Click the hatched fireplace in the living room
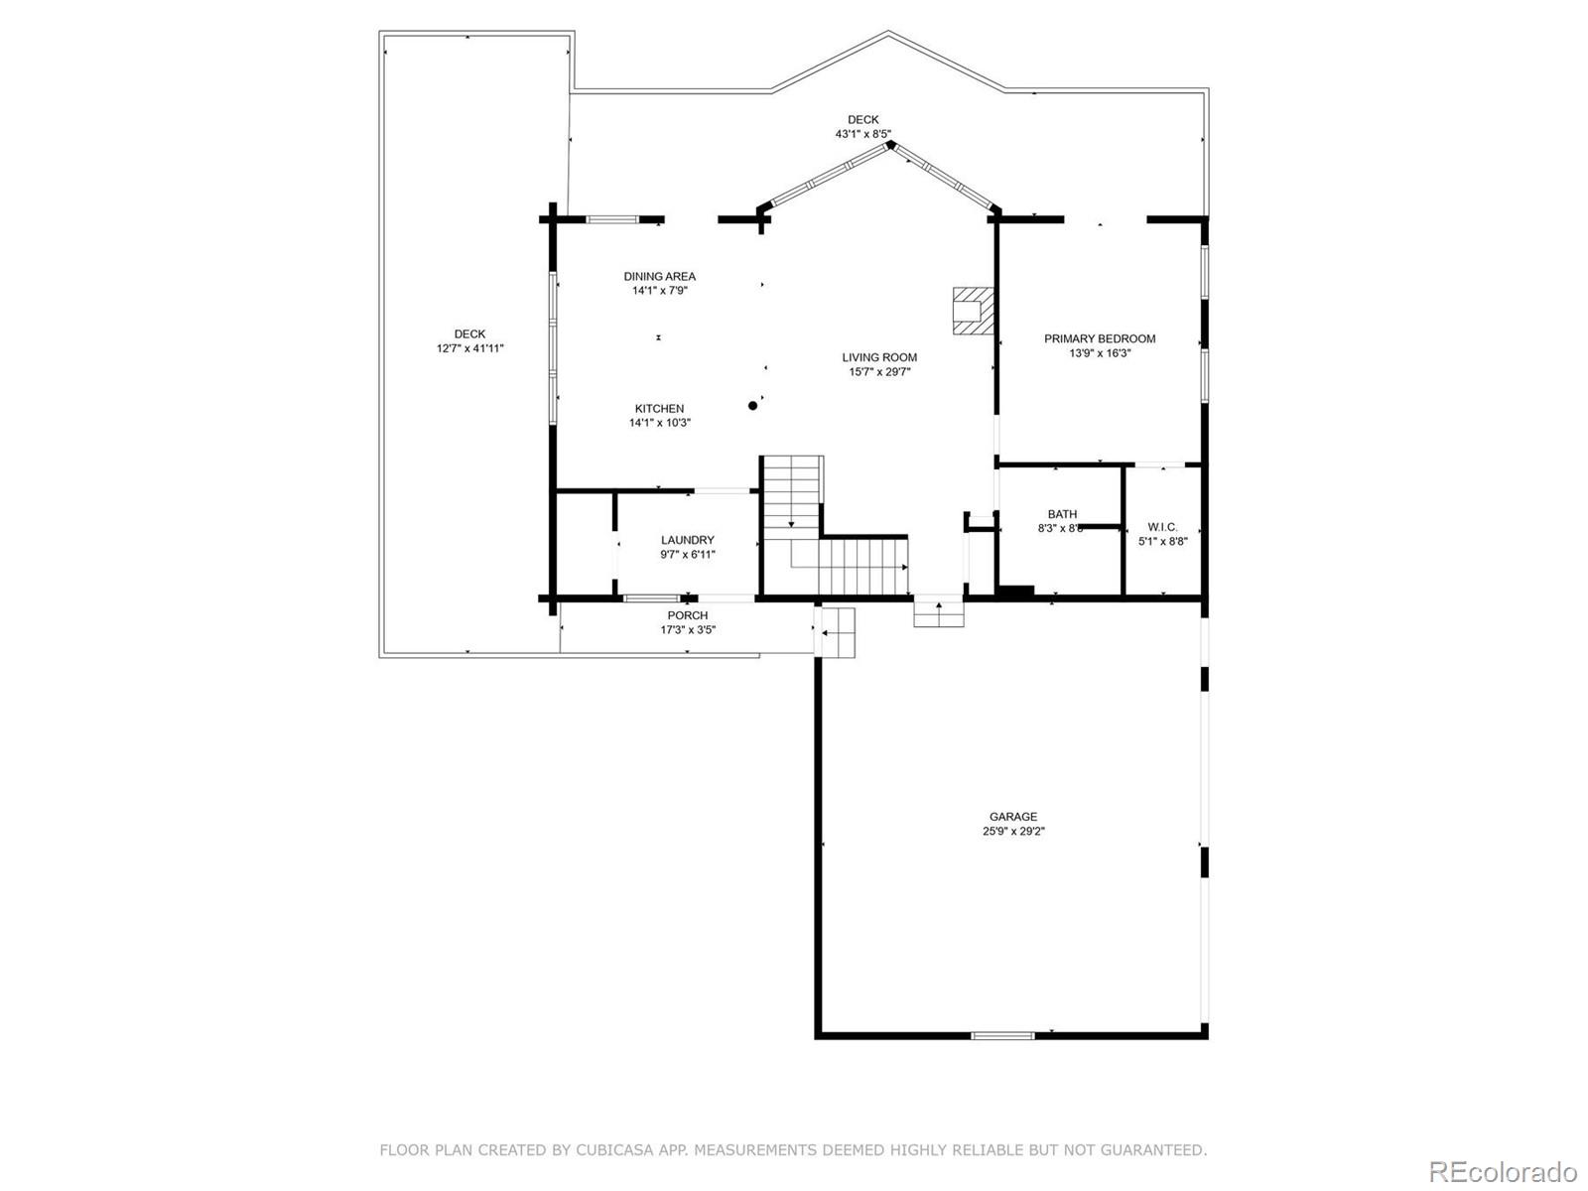tap(972, 312)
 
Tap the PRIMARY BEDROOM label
tap(1100, 338)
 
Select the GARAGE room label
tap(1013, 817)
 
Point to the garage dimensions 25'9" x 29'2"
tap(1013, 833)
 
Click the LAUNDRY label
tap(688, 540)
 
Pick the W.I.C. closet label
tap(1162, 527)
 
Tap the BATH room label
tap(1062, 514)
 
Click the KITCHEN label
tap(660, 408)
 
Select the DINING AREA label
tap(660, 276)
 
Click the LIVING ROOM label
tap(879, 357)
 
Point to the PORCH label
tap(688, 615)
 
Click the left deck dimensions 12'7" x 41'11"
tap(470, 349)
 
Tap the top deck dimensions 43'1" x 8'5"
tap(862, 134)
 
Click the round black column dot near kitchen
tap(753, 405)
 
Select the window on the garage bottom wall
tap(1002, 1035)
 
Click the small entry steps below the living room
tap(939, 614)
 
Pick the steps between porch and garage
tap(837, 632)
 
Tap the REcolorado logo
tap(1502, 1170)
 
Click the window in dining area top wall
tap(612, 218)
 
